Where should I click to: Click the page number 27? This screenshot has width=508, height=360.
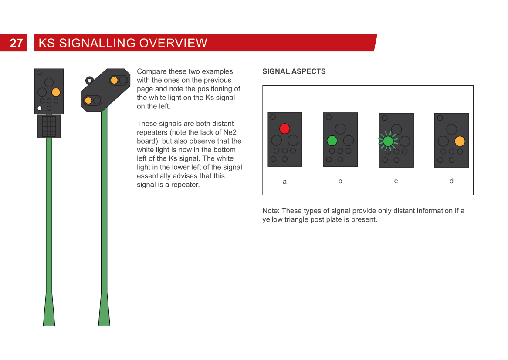pos(16,43)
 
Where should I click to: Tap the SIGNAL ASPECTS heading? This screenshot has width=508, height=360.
pos(294,71)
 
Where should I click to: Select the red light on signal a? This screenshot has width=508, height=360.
pos(284,128)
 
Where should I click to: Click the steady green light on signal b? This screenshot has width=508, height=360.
pos(332,141)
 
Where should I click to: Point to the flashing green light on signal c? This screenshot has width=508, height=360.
pos(388,141)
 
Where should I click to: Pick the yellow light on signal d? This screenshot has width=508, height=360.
pos(460,141)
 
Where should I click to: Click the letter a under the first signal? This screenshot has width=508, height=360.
pos(284,182)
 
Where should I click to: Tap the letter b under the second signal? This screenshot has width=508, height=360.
pos(340,181)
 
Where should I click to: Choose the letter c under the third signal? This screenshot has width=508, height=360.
pos(396,181)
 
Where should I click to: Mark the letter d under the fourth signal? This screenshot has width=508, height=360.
pos(451,181)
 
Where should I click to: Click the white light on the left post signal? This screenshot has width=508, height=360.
pos(40,108)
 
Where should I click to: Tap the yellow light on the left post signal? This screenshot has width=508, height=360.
pos(56,92)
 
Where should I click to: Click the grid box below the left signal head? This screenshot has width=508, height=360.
pos(49,127)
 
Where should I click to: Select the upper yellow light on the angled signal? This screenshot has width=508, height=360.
pos(114,80)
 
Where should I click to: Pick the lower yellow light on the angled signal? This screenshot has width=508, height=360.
pos(88,101)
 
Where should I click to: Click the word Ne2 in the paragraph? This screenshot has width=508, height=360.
pos(230,132)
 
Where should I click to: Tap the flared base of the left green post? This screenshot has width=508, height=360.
pos(49,309)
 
